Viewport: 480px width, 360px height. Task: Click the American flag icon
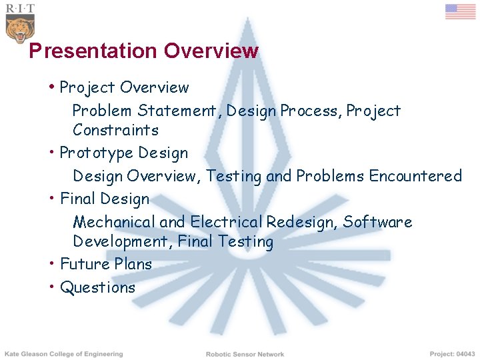[x=460, y=11]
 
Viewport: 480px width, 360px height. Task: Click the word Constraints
[x=115, y=129]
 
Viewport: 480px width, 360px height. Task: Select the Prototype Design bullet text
[x=124, y=153]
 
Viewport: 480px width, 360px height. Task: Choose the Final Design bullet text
[x=105, y=199]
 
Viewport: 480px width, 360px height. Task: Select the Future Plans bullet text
[x=106, y=264]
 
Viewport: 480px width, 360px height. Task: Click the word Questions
[x=97, y=287]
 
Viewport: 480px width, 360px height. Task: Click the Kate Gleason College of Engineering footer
[x=64, y=354]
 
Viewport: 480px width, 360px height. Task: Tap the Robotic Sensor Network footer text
[x=245, y=354]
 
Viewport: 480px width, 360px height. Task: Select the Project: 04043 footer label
[x=452, y=354]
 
